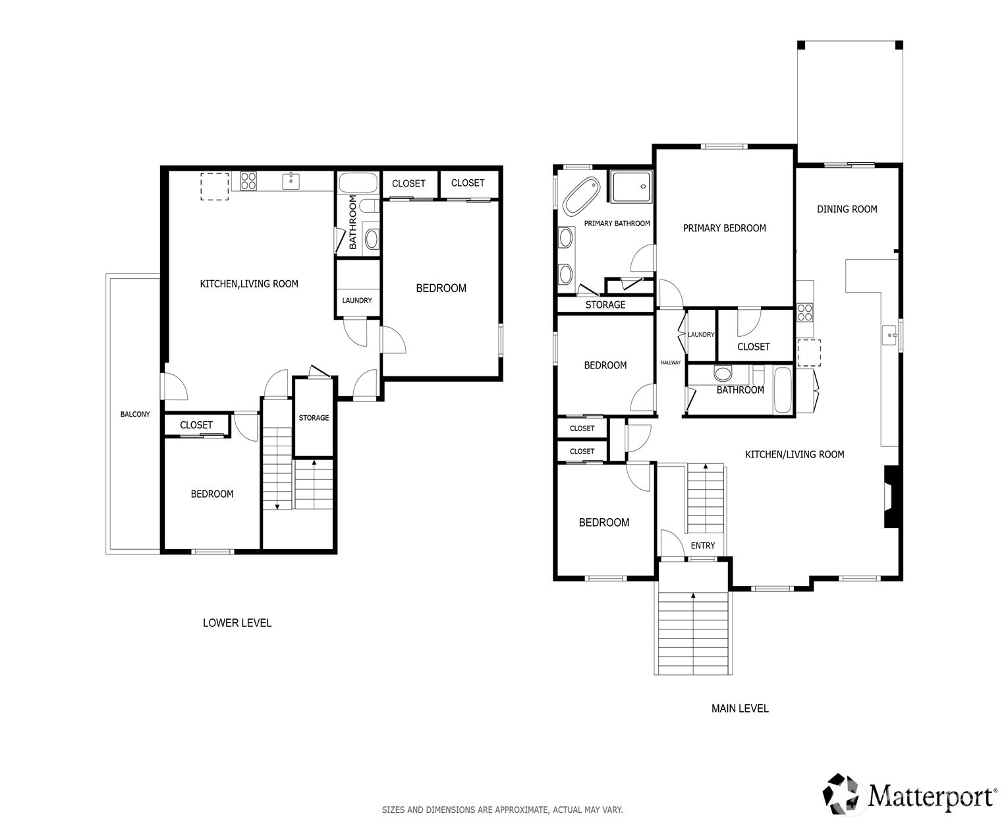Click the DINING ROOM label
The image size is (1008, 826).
[x=847, y=209]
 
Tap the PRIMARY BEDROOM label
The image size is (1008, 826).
[x=724, y=228]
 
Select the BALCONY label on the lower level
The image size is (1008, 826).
[x=135, y=414]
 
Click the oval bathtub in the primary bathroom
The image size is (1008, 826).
[x=580, y=196]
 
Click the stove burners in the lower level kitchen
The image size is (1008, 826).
[x=248, y=181]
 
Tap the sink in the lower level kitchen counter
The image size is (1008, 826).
[x=291, y=181]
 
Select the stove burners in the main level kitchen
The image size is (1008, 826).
[x=804, y=312]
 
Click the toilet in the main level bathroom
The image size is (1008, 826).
[x=723, y=372]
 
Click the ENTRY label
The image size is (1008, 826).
[x=702, y=545]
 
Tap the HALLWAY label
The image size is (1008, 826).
[x=670, y=363]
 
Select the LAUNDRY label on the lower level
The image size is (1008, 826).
[x=356, y=301]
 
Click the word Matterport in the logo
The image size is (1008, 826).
[x=933, y=796]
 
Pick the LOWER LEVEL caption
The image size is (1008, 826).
[x=237, y=623]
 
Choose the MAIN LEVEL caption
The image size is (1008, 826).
[x=740, y=709]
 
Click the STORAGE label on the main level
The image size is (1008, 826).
[x=605, y=305]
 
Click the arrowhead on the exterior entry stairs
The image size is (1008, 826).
[x=693, y=595]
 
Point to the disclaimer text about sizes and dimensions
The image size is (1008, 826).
[x=502, y=810]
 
